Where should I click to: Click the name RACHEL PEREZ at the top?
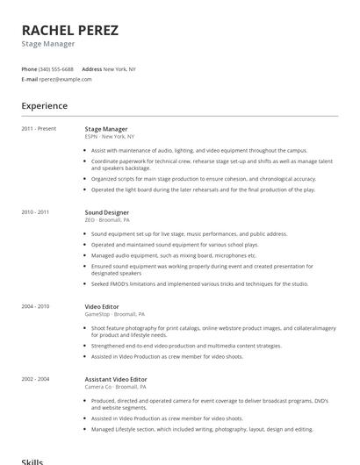(x=69, y=31)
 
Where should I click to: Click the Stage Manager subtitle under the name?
(x=48, y=44)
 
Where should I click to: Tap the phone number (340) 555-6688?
(x=56, y=68)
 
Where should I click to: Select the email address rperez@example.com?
(x=65, y=79)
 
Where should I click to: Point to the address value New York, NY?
(x=119, y=68)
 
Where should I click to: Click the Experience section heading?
(x=44, y=106)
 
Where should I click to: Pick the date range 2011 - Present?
(x=39, y=129)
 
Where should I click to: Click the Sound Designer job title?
(x=106, y=212)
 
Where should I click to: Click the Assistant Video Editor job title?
(x=116, y=379)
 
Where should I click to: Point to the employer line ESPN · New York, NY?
(x=110, y=137)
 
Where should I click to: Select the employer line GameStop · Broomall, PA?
(x=115, y=313)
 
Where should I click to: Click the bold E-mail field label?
(x=29, y=79)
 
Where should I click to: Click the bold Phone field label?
(x=29, y=68)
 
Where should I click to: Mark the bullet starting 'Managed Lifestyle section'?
(x=202, y=429)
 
